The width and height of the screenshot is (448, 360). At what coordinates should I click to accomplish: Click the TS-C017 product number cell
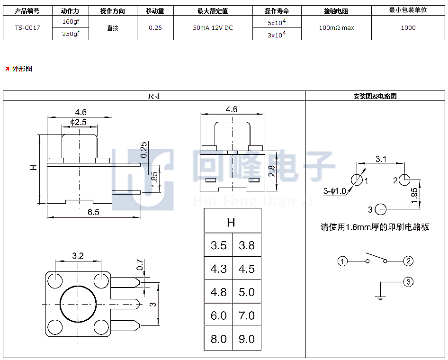(27, 28)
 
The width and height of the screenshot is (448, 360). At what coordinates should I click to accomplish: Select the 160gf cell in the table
(71, 21)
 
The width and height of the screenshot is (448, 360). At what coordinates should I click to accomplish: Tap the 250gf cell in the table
(71, 34)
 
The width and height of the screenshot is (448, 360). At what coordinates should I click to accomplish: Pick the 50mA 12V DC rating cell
(213, 28)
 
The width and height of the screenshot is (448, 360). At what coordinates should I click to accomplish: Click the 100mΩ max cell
(337, 28)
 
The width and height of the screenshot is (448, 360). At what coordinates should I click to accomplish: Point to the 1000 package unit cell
(408, 28)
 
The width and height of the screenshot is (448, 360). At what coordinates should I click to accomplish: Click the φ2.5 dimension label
(78, 122)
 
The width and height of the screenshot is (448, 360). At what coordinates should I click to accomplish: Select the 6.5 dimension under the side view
(93, 212)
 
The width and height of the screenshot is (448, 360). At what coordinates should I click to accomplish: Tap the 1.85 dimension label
(154, 180)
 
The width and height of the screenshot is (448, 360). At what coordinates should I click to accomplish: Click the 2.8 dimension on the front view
(271, 171)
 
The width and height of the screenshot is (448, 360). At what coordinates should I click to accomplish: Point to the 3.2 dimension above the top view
(78, 255)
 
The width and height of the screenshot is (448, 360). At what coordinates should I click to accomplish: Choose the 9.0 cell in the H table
(247, 339)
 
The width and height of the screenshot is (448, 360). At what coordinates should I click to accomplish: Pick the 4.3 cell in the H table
(219, 269)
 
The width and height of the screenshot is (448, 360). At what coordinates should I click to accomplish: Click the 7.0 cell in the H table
(247, 315)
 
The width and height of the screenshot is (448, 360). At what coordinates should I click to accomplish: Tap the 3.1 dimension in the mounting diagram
(381, 159)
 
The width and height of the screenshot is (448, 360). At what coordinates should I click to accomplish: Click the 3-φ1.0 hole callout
(334, 191)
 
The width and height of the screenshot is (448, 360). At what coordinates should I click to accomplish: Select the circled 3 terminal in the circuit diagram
(408, 282)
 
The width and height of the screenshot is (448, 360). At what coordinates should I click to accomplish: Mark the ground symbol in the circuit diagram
(380, 297)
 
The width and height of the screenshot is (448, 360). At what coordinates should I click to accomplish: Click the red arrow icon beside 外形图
(7, 69)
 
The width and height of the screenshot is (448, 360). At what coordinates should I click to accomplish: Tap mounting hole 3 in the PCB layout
(380, 209)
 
